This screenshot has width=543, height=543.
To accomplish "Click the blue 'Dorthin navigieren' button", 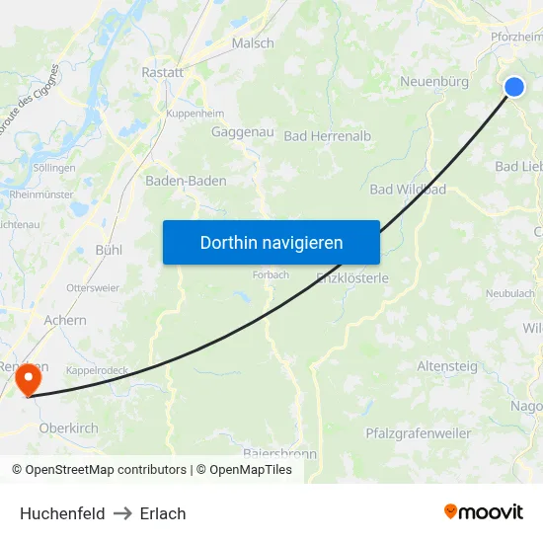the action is [x=271, y=242].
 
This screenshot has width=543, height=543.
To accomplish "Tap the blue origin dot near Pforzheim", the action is [x=514, y=87].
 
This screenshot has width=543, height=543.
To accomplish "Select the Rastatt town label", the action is [x=163, y=72].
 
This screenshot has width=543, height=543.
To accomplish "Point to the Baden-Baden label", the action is [x=186, y=181].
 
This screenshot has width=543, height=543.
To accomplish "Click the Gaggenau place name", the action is [x=235, y=131].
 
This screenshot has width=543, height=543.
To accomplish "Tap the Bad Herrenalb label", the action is [x=328, y=136].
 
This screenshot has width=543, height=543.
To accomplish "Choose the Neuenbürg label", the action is [x=434, y=82].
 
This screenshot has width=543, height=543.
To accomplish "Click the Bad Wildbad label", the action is [x=408, y=189].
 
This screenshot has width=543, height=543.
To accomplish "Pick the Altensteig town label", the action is [x=447, y=366].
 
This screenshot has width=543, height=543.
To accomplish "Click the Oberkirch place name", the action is [x=68, y=427].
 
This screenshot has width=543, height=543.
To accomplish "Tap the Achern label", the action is [x=65, y=320].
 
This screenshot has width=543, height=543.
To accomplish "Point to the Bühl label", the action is [x=109, y=250].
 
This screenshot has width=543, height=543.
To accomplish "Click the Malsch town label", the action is [x=253, y=43].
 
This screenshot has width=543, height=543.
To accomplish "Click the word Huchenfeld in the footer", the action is [x=62, y=512].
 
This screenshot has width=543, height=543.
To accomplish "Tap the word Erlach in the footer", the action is [x=163, y=512].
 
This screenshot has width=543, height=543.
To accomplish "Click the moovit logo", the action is [x=484, y=511].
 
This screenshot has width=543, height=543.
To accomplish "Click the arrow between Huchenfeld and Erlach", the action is [x=122, y=512].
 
